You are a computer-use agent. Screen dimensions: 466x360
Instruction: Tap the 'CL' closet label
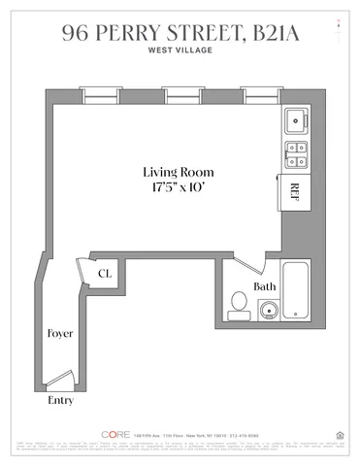[x=104, y=274]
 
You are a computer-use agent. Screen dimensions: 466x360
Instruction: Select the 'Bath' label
[x=264, y=286]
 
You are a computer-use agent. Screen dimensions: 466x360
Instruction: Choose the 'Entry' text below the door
[x=60, y=399]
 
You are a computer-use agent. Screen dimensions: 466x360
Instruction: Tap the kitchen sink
[x=295, y=121]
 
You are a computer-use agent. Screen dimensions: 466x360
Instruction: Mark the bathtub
[x=294, y=291]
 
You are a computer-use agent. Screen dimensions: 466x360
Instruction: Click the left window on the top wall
[x=95, y=95]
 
